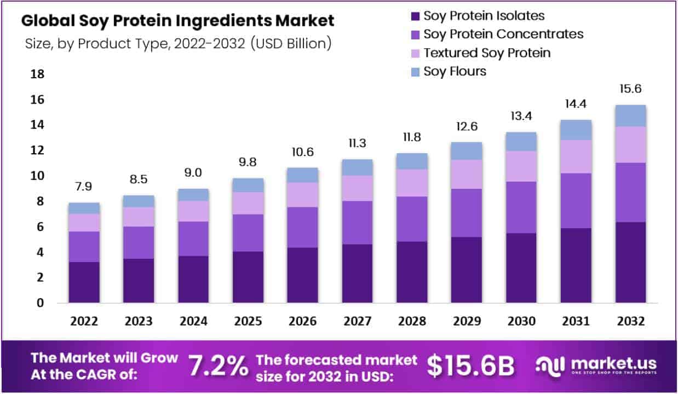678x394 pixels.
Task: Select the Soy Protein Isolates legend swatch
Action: (x=415, y=16)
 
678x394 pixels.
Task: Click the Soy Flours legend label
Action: (x=455, y=71)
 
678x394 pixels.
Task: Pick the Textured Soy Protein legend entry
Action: (x=487, y=53)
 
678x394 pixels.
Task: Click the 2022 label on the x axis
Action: (x=84, y=321)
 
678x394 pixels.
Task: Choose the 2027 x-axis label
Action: (x=357, y=321)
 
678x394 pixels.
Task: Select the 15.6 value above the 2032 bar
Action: (x=630, y=89)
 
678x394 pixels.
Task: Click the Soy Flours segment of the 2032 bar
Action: (x=630, y=115)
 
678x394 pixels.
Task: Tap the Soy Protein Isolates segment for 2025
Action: (x=248, y=277)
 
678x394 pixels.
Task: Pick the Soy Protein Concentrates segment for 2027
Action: (x=357, y=222)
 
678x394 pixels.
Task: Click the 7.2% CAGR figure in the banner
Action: (x=218, y=367)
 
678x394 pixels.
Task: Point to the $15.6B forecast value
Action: (x=470, y=367)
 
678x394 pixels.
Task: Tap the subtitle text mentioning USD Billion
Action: (x=178, y=44)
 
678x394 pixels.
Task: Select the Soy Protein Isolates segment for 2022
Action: (x=84, y=282)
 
